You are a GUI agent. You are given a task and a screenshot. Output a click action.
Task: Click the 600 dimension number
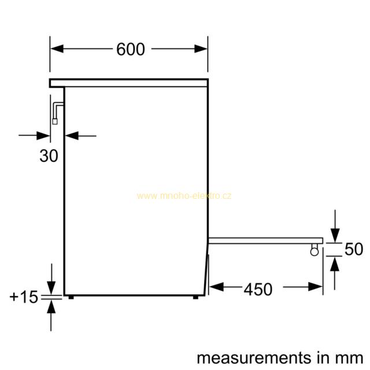tap(131, 49)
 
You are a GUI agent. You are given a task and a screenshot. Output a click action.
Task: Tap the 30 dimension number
tap(49, 156)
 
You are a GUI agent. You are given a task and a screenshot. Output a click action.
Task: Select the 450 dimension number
tap(258, 289)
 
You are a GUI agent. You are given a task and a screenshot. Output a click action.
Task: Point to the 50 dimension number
tap(354, 249)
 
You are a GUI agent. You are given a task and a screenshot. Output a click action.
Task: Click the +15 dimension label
tap(24, 297)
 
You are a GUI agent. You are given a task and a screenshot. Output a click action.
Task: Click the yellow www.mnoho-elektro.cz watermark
tap(184, 196)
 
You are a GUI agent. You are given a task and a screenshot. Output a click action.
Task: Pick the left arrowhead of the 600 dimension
tap(57, 49)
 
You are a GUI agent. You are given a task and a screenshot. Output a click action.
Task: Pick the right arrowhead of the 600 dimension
tap(201, 49)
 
